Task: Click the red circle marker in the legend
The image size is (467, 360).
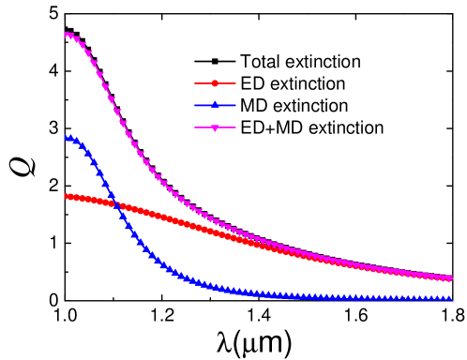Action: click(215, 83)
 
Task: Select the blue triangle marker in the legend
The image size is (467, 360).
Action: click(215, 105)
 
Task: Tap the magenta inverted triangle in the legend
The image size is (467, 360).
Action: click(215, 127)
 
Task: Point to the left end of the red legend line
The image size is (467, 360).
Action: click(195, 83)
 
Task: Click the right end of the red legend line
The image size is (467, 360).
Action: click(235, 83)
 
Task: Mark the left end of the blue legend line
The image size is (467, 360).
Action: click(195, 105)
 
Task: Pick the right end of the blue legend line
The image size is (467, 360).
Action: click(235, 105)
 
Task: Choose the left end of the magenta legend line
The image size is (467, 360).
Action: click(195, 127)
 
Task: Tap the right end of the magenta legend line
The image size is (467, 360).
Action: click(235, 127)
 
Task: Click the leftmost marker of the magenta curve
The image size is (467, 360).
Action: click(68, 35)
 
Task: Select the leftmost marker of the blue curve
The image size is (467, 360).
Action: click(68, 138)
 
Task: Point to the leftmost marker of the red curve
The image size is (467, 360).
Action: click(68, 196)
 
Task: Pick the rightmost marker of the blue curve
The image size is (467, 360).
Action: click(450, 298)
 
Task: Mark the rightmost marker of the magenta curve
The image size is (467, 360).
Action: click(450, 279)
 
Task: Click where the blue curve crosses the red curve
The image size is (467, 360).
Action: click(117, 204)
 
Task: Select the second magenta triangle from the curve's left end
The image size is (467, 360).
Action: click(73, 37)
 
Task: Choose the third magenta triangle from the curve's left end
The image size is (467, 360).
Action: click(79, 40)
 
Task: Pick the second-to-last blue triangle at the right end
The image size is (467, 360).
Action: click(444, 298)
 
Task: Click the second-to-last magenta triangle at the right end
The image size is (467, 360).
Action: click(444, 278)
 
